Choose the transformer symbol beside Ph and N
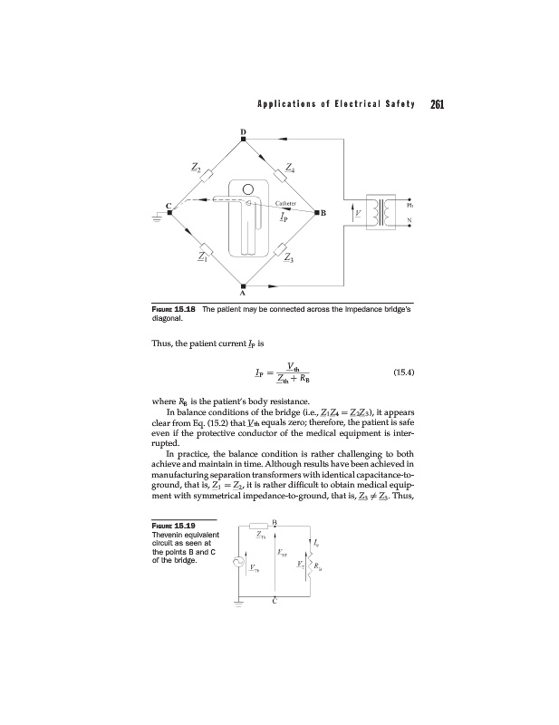click(380, 213)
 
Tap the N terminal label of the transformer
click(410, 223)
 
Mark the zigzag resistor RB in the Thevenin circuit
click(313, 563)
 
